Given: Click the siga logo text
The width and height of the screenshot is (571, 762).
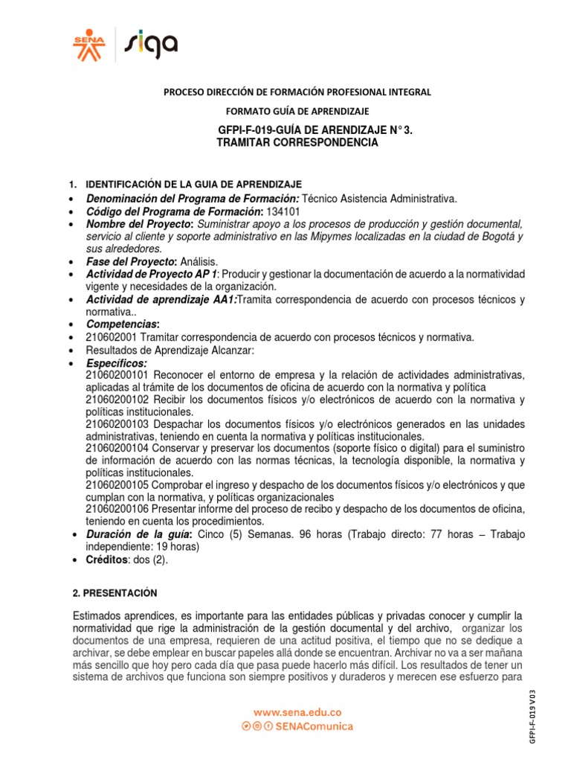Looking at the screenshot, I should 152,43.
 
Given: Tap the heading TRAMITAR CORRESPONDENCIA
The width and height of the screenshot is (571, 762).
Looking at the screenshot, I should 297,142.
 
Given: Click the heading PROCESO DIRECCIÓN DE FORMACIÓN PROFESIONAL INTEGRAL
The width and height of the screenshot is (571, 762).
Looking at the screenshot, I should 297,92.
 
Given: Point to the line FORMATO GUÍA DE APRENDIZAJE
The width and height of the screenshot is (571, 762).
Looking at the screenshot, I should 297,111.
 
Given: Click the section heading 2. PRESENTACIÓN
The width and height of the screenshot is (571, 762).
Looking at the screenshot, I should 115,592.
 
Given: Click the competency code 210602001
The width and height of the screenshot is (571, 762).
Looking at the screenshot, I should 112,338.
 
